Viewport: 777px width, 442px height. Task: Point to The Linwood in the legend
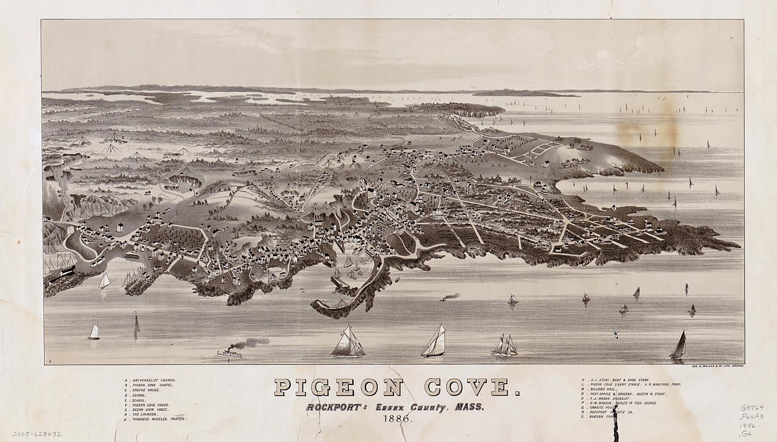tap(144, 414)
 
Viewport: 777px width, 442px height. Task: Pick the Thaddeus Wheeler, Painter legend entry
tap(156, 419)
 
